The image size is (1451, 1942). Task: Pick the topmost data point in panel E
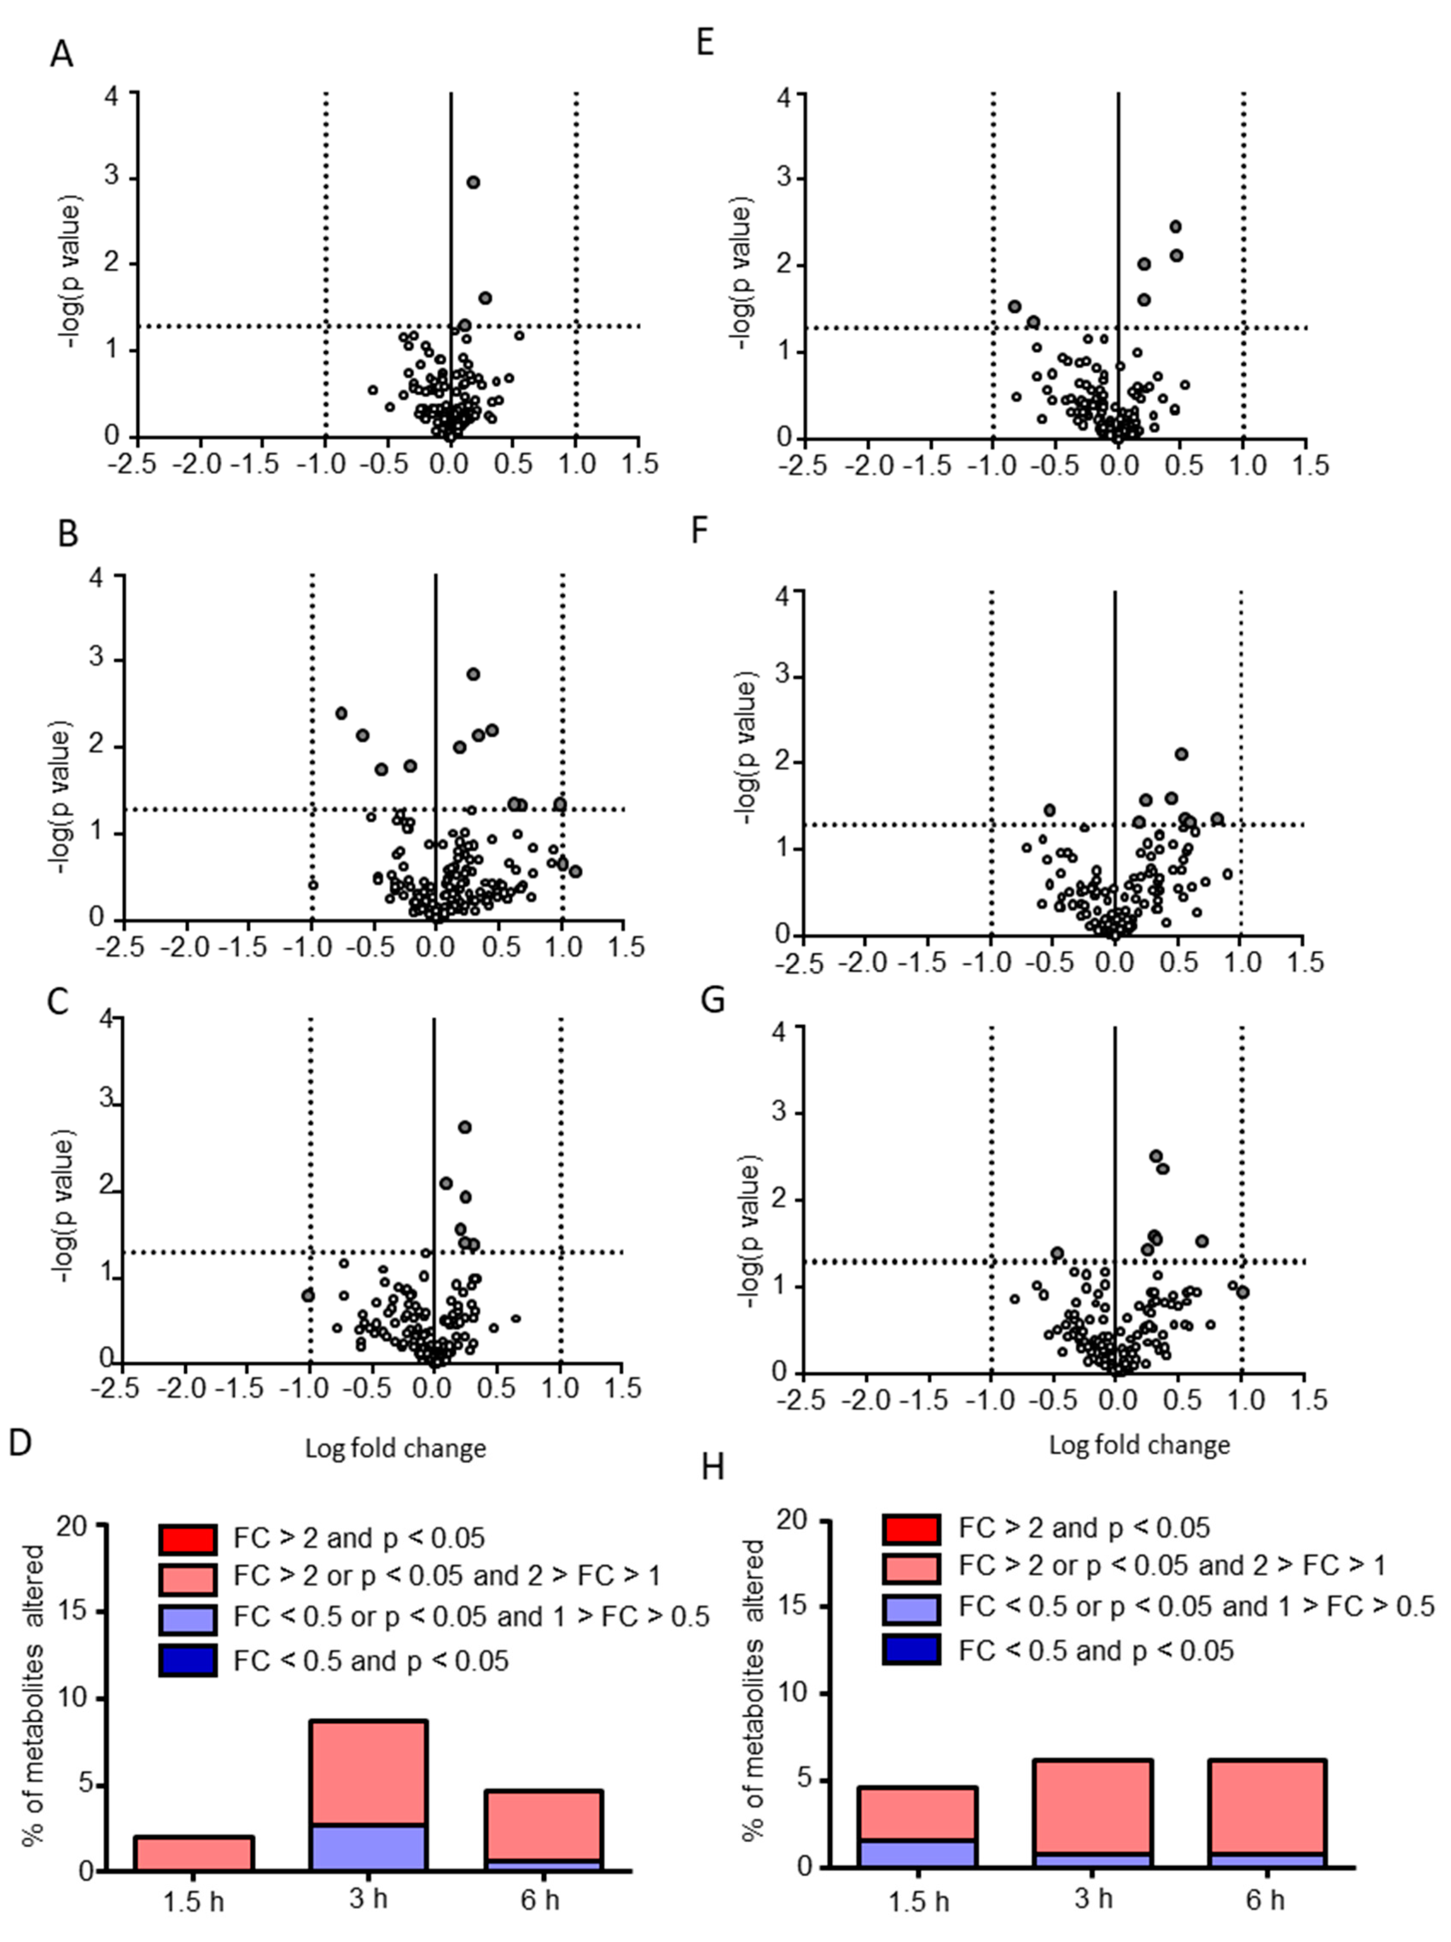(1175, 227)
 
